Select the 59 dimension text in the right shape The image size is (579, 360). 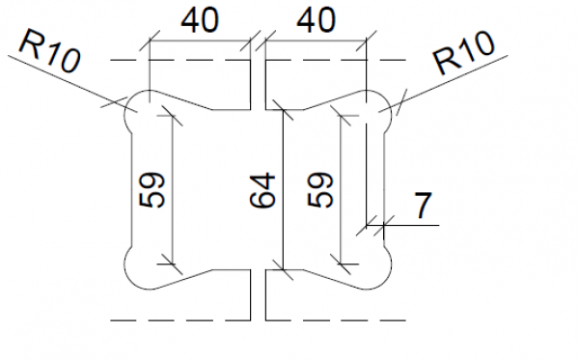coord(322,188)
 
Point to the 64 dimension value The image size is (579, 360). coord(262,188)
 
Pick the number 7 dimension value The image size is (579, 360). coord(422,206)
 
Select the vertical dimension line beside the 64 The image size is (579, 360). coord(281,188)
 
